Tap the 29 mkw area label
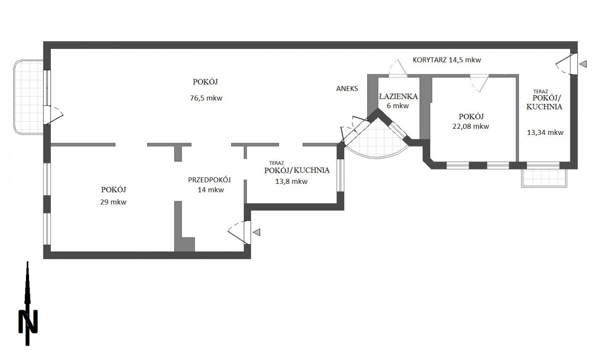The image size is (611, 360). (114, 202)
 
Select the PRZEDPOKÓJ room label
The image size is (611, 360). (210, 180)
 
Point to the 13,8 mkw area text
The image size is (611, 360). (292, 181)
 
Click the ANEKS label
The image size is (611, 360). (347, 88)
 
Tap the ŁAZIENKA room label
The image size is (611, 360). (399, 96)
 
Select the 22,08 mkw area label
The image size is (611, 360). (470, 127)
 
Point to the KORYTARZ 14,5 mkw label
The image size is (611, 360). (447, 60)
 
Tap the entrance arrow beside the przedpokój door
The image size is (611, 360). (257, 232)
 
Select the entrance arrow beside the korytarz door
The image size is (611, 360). (583, 64)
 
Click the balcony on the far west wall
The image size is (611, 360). (28, 97)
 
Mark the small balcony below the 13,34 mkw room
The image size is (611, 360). (544, 178)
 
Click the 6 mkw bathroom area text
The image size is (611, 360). (398, 106)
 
